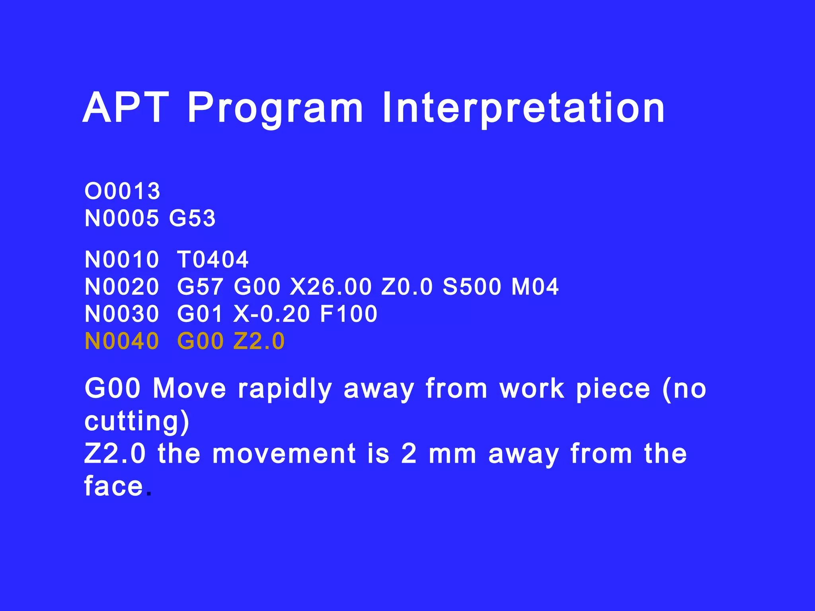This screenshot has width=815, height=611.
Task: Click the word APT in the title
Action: pos(126,108)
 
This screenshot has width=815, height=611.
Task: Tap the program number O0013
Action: pos(122,191)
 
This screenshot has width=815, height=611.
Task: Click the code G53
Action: pos(192,218)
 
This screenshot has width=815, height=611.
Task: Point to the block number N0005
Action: pos(122,218)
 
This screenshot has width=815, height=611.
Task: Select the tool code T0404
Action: pos(213,260)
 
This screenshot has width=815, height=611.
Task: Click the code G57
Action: pos(200,287)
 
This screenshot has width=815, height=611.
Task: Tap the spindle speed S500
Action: pos(472,287)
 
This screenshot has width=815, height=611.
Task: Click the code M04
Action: pos(535,287)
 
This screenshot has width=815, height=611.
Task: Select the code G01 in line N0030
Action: pos(200,314)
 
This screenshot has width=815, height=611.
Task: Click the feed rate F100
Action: pos(349,314)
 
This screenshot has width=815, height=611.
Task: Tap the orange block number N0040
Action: pos(122,341)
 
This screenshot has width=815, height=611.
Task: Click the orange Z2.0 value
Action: pos(259,341)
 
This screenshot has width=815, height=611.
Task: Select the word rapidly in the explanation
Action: pos(285,389)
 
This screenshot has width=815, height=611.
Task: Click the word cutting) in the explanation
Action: pos(137,421)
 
